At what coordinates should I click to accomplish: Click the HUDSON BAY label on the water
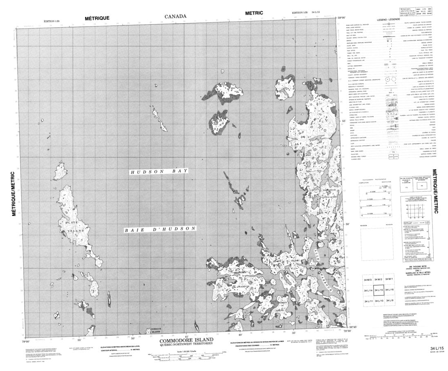click(x=159, y=173)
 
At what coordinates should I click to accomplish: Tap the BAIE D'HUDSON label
click(x=160, y=230)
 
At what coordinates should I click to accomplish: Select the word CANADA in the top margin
click(x=176, y=17)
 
